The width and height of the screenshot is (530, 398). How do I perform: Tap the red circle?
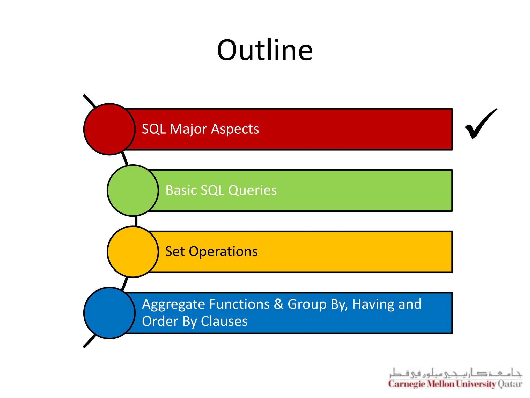(x=109, y=129)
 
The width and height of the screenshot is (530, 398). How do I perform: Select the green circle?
(x=133, y=190)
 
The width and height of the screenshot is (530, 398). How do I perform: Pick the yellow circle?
(x=133, y=252)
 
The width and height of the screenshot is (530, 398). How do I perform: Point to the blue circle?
(x=109, y=313)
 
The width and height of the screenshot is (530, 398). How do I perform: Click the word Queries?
(x=253, y=190)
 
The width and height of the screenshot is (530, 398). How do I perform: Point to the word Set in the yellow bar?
(x=175, y=252)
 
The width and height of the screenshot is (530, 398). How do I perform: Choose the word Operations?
(x=223, y=252)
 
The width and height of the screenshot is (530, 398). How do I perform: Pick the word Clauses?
(x=224, y=321)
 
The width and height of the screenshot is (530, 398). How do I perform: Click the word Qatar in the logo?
(x=510, y=384)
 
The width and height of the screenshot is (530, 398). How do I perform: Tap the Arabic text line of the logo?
(x=455, y=373)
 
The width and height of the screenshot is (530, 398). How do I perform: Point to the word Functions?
(x=239, y=304)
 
